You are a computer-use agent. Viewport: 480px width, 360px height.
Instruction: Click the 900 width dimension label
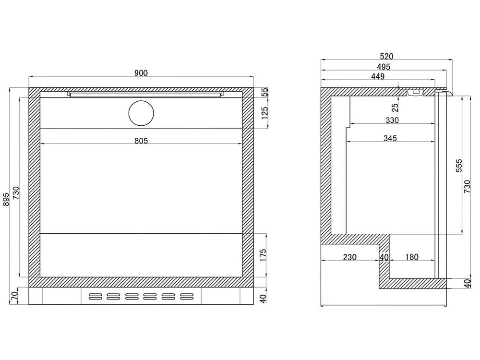141,73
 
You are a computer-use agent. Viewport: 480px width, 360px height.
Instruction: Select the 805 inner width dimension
141,141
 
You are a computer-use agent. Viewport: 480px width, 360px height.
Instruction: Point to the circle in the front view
141,113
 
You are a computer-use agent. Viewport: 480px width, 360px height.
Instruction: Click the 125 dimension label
265,113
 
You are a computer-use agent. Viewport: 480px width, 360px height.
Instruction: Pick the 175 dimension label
263,255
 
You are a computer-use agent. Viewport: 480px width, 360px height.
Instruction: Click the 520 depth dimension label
386,56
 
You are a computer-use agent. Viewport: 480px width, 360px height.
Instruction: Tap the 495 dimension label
384,66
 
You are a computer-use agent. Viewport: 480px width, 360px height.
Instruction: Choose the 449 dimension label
378,76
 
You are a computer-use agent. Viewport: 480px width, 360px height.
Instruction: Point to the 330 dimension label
392,120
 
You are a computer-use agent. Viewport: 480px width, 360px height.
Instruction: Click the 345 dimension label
390,138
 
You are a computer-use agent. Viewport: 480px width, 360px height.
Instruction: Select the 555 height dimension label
459,165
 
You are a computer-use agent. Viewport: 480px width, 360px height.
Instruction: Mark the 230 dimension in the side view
349,257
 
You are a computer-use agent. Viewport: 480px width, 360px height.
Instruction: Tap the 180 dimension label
412,257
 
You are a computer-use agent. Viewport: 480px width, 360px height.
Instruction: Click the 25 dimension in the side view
395,107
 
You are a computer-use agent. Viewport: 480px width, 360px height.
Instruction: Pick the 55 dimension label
265,92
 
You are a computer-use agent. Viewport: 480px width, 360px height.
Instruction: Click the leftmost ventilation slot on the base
95,296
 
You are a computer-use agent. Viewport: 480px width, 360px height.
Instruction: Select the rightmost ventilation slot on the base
187,296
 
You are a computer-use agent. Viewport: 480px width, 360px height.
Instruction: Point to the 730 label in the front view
16,193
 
